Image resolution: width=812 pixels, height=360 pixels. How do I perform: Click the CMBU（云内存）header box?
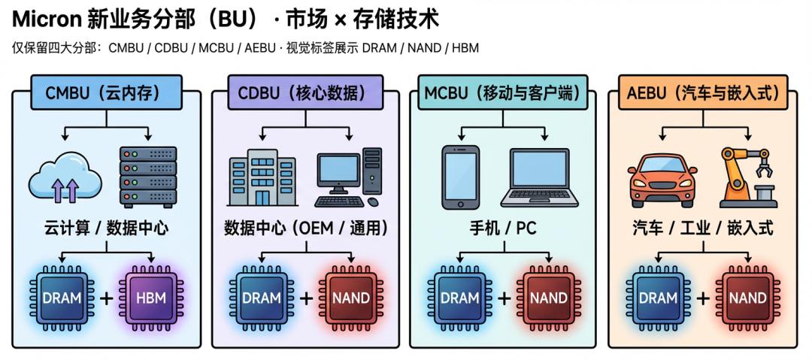coord(106,93)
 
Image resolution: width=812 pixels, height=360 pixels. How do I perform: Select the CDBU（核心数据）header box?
coord(306,93)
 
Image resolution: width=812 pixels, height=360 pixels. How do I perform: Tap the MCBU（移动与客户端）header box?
coord(504,93)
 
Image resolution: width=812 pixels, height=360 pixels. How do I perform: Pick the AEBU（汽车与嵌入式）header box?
coord(703,93)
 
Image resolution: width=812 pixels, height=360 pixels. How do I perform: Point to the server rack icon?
coord(148,177)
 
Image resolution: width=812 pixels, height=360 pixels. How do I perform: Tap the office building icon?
coord(259,178)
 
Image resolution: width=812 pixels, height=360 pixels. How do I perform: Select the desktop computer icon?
coord(349,177)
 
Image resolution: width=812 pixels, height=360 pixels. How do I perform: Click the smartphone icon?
coord(461,177)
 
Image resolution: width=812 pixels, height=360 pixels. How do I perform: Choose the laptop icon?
coord(545,177)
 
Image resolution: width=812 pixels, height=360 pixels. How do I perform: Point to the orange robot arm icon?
coord(747,177)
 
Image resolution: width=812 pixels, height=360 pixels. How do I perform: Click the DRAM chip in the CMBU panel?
coord(62,298)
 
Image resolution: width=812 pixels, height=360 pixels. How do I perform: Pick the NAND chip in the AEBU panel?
coord(747,298)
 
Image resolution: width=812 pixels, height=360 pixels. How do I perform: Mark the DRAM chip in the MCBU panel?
coord(459,298)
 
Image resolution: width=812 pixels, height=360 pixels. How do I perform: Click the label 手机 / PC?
coord(504,227)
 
